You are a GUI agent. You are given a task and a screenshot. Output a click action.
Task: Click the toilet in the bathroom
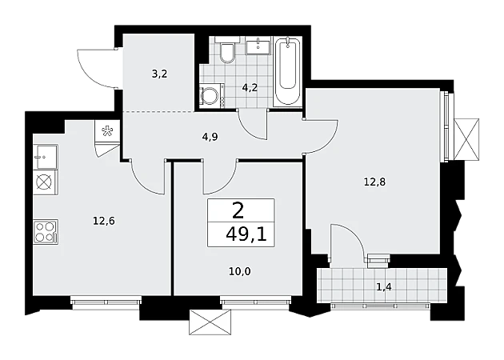tap(227, 50)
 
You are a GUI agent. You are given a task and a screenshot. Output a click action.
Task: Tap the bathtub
tap(287, 71)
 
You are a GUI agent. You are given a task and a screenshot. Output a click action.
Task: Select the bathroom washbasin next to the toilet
tap(258, 45)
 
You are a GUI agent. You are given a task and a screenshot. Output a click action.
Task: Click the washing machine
tap(212, 94)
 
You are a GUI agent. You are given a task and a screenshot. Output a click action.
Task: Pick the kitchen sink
tap(46, 157)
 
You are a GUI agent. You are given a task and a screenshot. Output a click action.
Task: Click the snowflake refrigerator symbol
tap(106, 131)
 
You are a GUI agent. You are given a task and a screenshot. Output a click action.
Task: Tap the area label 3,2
tap(160, 74)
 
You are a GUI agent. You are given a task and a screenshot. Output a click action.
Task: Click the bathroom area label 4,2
tap(250, 87)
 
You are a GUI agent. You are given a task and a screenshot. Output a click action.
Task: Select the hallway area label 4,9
tap(210, 137)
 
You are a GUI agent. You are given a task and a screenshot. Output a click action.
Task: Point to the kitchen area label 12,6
tap(104, 221)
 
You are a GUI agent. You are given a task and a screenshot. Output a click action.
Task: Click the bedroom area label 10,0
tap(240, 272)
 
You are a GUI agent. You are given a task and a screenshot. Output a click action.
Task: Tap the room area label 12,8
tap(374, 182)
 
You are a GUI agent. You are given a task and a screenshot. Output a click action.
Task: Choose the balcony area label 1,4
tap(384, 286)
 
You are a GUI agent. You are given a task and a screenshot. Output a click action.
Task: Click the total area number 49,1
tap(246, 236)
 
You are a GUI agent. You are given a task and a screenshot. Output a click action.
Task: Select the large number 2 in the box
tap(238, 211)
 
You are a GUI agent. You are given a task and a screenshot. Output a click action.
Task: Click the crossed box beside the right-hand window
tap(466, 139)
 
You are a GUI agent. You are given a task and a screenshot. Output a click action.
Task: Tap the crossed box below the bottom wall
tap(210, 322)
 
